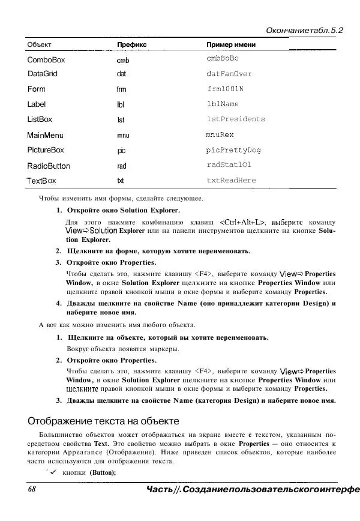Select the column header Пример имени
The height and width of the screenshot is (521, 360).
[231, 45]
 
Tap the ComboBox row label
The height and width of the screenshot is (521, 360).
[46, 60]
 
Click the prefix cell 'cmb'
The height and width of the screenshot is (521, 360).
[122, 61]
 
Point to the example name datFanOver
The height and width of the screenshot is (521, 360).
[229, 74]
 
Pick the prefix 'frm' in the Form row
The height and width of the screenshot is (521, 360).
[121, 89]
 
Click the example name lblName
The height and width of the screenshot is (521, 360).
[223, 104]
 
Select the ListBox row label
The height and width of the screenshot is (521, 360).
[40, 119]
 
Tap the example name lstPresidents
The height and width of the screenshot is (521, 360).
[235, 119]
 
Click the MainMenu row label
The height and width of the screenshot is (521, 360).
[46, 136]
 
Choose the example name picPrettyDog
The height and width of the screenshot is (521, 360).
[233, 150]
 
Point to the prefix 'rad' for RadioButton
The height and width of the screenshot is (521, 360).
[122, 166]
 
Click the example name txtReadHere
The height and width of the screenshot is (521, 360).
[231, 180]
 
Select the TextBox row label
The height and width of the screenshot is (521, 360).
[42, 181]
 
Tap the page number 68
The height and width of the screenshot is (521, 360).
[32, 490]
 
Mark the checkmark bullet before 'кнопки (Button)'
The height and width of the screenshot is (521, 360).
[53, 472]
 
